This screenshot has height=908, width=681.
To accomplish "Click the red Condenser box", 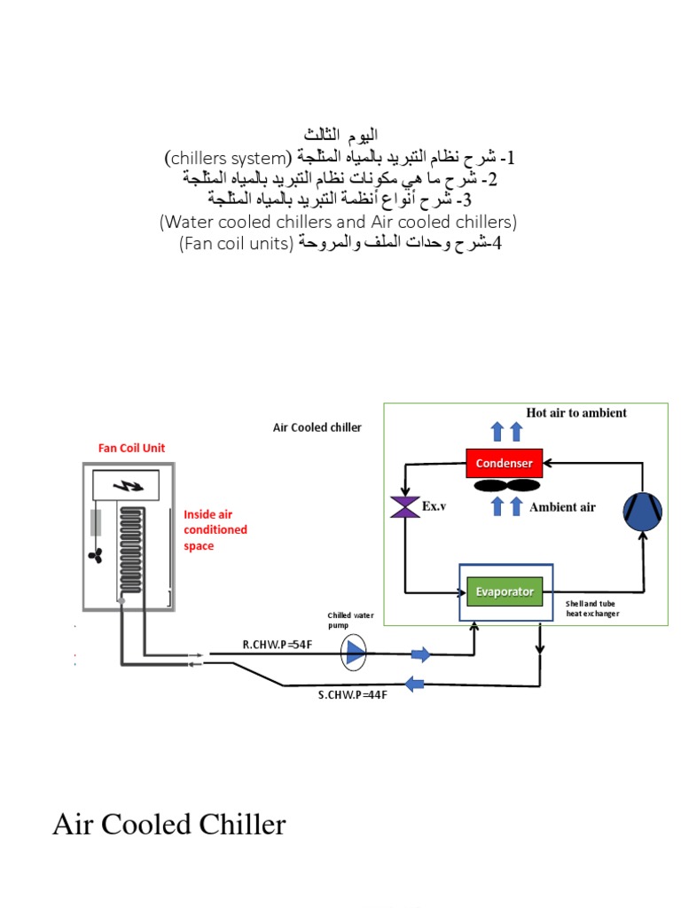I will pyautogui.click(x=504, y=463).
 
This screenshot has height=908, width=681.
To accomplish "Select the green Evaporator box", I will pyautogui.click(x=504, y=591).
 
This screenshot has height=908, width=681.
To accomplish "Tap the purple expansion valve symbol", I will pyautogui.click(x=404, y=507).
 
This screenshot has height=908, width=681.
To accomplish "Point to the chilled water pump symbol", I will pyautogui.click(x=355, y=654).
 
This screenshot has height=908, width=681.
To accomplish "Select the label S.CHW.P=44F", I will pyautogui.click(x=353, y=694).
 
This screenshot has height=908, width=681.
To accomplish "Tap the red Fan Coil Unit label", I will pyautogui.click(x=131, y=448).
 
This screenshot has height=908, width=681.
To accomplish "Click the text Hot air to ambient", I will pyautogui.click(x=576, y=412).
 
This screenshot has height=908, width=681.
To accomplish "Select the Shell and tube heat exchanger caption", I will pyautogui.click(x=592, y=608).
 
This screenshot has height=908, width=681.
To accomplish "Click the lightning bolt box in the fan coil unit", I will pyautogui.click(x=126, y=486).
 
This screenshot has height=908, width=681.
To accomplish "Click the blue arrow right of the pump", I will pyautogui.click(x=420, y=654).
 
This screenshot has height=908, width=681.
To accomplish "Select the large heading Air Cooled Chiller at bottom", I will pyautogui.click(x=169, y=825).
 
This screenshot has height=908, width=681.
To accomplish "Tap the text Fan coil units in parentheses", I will pyautogui.click(x=235, y=243).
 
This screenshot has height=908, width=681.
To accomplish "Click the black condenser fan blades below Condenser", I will pyautogui.click(x=505, y=486).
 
